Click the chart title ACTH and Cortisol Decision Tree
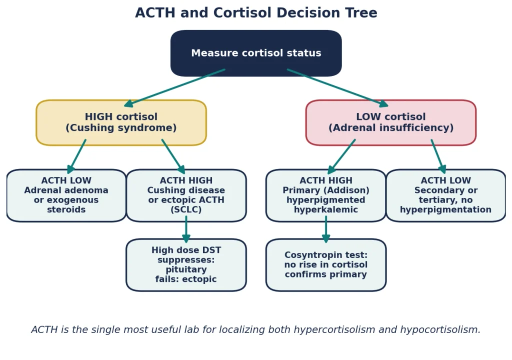(256, 13)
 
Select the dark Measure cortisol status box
(256, 53)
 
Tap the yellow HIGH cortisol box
(121, 122)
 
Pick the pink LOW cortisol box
(391, 122)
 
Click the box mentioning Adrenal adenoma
(66, 195)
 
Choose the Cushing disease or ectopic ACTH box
(186, 195)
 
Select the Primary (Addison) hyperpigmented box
(326, 195)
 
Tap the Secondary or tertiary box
(445, 195)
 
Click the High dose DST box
(186, 265)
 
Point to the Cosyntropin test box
(326, 265)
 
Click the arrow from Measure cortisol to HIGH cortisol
(174, 88)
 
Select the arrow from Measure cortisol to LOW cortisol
(337, 88)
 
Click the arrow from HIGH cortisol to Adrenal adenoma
(76, 156)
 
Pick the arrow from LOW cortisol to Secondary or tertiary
(438, 156)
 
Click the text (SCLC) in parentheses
(186, 209)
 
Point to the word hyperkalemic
(326, 209)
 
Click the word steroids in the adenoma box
(66, 209)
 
